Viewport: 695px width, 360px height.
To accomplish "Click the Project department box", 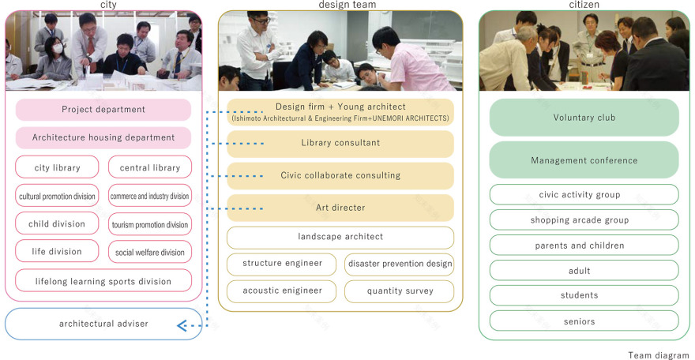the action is click(103, 110).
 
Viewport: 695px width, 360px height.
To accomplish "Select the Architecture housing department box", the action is click(103, 137).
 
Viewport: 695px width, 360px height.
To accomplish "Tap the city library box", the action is click(57, 167).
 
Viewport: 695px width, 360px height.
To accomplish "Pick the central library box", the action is click(150, 167).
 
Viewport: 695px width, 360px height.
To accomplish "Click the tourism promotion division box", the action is click(150, 224).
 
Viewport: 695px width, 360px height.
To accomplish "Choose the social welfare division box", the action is click(150, 253).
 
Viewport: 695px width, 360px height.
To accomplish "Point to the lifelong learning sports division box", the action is click(103, 281).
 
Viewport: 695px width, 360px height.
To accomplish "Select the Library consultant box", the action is click(340, 143).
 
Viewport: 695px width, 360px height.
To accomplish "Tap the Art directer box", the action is click(340, 208).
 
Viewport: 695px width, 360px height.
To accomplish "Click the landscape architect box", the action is click(340, 238).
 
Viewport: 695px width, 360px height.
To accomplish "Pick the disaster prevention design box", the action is click(400, 264).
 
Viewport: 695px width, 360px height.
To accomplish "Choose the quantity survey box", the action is click(400, 291).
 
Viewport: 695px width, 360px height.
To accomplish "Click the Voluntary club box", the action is click(584, 118).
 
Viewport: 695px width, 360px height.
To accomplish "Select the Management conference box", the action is click(584, 160).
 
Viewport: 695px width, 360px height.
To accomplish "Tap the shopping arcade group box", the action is click(584, 220).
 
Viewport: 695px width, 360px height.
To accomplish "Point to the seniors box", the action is click(584, 321).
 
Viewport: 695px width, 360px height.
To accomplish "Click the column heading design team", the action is click(347, 5).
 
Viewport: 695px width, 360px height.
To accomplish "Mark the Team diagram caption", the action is click(659, 355).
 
